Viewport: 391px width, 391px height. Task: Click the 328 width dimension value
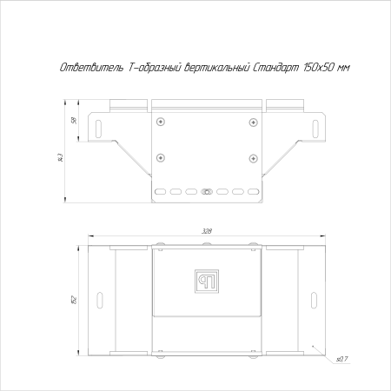pos(207,232)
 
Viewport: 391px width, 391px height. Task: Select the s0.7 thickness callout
pos(341,358)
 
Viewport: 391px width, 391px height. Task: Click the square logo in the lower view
pos(207,282)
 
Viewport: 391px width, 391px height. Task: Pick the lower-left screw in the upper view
pos(160,157)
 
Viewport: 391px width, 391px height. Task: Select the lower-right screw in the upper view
pos(253,157)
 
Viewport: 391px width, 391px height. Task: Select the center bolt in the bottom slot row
pos(206,190)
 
